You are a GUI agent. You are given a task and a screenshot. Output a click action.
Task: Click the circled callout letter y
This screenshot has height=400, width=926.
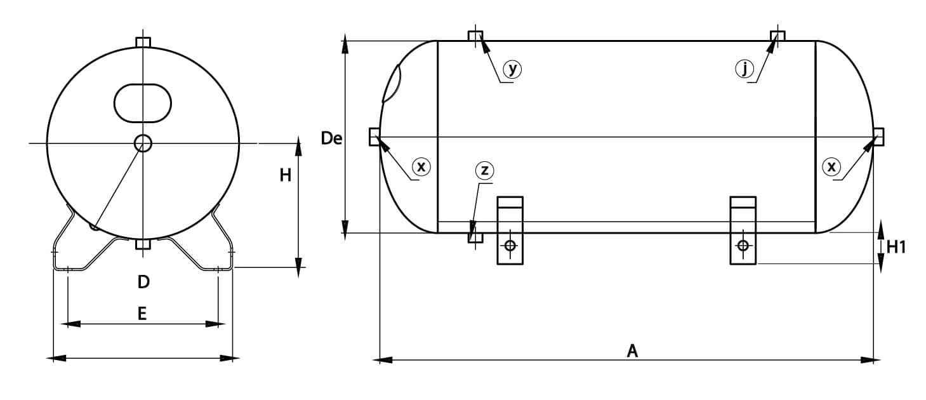[x=512, y=69]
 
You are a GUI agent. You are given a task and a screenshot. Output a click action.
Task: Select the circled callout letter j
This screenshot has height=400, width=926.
[x=744, y=69]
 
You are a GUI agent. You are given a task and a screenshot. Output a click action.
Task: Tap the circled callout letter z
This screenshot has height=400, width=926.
[x=484, y=170]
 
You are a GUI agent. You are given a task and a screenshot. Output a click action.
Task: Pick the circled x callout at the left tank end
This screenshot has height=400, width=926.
[x=421, y=167]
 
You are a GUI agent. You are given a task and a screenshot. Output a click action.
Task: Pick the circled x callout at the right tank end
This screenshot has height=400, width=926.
[x=831, y=167]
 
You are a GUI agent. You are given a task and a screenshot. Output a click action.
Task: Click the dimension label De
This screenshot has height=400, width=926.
[x=331, y=138]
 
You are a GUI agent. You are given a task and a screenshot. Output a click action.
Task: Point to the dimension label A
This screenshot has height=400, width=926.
[x=632, y=351]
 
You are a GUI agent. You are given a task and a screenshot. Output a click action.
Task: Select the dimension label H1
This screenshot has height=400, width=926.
[x=896, y=248]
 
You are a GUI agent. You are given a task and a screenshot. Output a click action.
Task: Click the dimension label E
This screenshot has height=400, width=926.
[x=142, y=314]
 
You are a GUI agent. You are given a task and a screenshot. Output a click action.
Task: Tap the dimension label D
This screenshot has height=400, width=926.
[x=143, y=282]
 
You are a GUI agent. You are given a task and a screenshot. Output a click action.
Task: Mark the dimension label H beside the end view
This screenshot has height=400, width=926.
[x=285, y=175]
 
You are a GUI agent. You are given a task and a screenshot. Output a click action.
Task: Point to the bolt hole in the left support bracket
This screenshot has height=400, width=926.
[x=510, y=246]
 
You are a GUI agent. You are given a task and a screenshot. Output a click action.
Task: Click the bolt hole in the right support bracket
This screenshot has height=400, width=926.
[x=743, y=246]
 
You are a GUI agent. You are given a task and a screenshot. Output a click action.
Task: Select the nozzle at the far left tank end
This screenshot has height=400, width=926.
[x=374, y=137]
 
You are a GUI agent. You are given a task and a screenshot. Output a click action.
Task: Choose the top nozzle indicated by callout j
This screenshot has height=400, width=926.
[x=778, y=36]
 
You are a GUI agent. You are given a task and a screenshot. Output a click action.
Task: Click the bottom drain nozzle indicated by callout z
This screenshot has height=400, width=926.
[x=475, y=237]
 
